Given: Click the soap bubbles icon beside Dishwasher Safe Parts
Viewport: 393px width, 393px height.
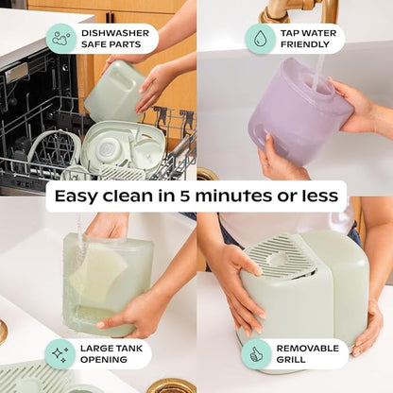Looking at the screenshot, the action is [61, 39].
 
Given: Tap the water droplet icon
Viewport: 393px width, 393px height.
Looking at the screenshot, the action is [260, 39].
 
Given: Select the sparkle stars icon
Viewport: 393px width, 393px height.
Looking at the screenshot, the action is [60, 353].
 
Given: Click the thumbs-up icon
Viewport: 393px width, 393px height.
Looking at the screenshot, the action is [256, 354].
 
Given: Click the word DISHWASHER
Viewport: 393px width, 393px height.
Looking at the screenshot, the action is [115, 33].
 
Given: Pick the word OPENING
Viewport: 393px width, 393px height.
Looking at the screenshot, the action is [104, 359].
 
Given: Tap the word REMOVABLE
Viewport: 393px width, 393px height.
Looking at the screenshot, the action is [308, 349].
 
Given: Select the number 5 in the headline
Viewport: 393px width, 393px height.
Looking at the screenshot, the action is [185, 196].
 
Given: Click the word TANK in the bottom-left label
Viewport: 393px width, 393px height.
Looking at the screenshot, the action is [128, 349].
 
